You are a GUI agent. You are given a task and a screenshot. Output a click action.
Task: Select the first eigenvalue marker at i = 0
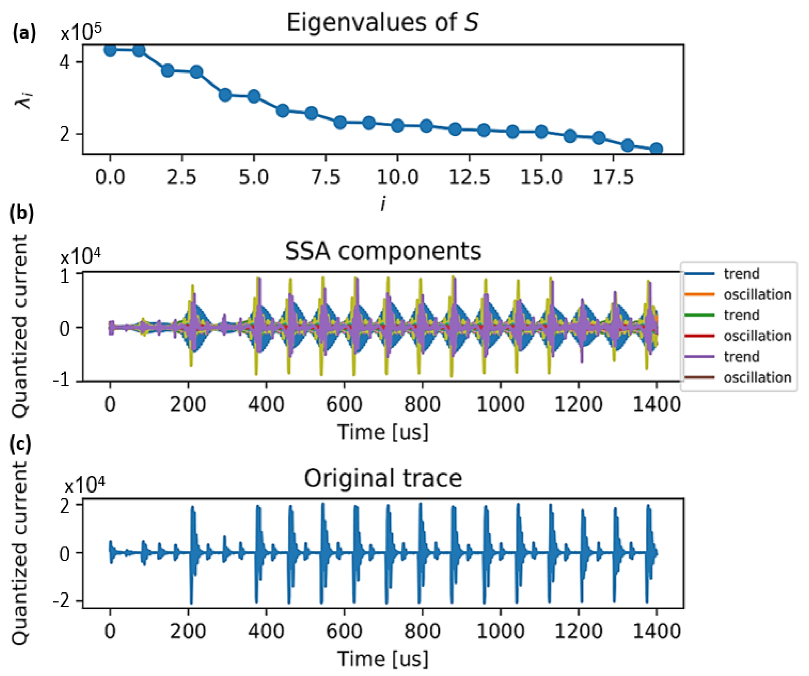click(x=110, y=50)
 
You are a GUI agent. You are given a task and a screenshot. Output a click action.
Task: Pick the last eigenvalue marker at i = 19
click(x=656, y=149)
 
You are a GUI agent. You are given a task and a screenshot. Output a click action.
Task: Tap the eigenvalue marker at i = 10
click(x=398, y=126)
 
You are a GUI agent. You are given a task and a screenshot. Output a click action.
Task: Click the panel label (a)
click(x=24, y=33)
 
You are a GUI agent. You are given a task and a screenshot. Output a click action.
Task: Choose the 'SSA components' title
click(x=383, y=251)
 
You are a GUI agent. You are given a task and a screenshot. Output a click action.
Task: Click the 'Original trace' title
click(x=383, y=478)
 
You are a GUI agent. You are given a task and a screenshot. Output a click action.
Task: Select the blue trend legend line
click(x=700, y=274)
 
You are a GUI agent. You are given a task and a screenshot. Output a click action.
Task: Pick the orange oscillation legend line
click(x=700, y=294)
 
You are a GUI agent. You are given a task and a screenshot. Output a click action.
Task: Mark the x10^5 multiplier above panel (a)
click(x=81, y=33)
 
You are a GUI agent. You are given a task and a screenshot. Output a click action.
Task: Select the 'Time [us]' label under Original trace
click(x=383, y=659)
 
